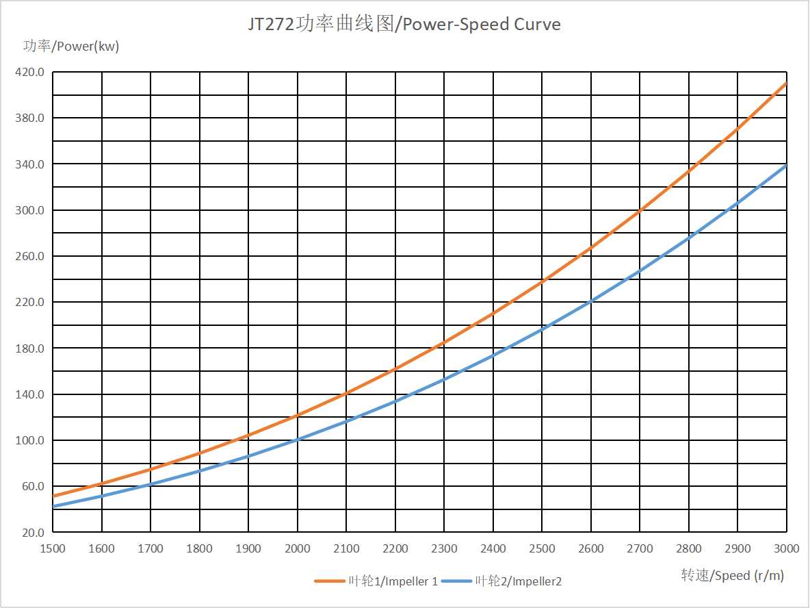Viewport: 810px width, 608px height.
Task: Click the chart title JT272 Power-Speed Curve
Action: point(404,25)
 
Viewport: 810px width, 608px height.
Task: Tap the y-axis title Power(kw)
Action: point(71,47)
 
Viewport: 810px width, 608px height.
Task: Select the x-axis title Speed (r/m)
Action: point(732,575)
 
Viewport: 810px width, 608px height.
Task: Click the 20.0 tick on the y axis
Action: point(32,532)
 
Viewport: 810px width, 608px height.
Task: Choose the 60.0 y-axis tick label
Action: point(32,486)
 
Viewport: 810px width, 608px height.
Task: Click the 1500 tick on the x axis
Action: point(53,548)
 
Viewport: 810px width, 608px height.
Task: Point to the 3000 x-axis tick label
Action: point(786,548)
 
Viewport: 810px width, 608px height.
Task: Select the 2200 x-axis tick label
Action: point(395,548)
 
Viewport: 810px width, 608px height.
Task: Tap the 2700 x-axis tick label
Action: point(640,548)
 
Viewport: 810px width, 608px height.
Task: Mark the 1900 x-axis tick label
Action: point(248,548)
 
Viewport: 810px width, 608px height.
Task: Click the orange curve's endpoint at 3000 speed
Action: point(786,83)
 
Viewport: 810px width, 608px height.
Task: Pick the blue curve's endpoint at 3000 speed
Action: point(786,165)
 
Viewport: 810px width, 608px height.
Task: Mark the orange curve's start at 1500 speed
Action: point(53,496)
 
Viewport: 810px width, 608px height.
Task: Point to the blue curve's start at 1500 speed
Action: point(53,507)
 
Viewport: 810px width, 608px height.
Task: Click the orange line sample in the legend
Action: point(329,581)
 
